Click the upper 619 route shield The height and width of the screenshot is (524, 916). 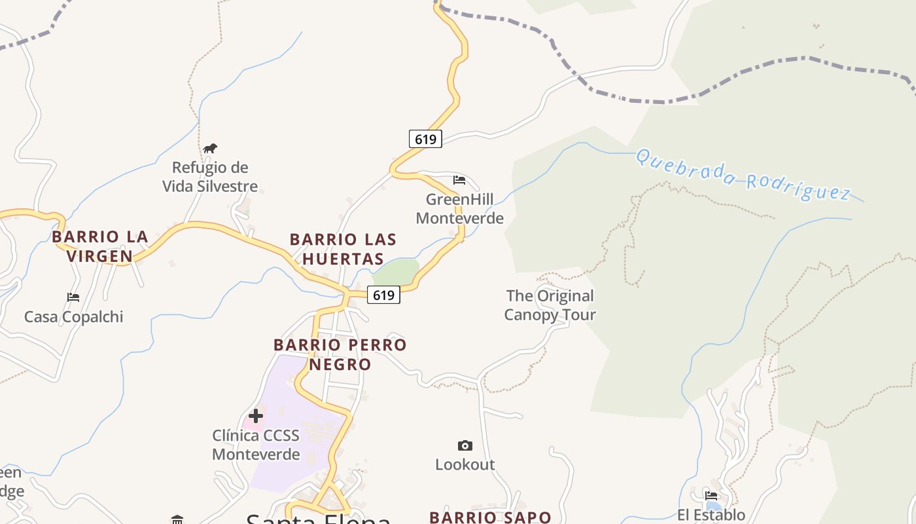point(425,139)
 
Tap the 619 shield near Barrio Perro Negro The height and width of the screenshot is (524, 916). point(383,295)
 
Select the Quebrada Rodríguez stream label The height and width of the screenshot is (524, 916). point(743,175)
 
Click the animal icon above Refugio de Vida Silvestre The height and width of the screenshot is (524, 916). point(209,149)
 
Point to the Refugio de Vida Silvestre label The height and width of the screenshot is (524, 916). point(210,177)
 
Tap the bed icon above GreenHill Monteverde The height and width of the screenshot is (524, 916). point(459,180)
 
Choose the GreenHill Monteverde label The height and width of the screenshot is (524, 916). point(459,208)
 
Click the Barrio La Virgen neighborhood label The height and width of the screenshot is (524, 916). point(100,246)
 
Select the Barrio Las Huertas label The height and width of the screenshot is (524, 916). point(343,249)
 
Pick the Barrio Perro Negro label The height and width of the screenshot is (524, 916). point(340,354)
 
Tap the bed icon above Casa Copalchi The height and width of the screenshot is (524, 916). point(73,297)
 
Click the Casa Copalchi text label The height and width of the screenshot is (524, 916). point(73,317)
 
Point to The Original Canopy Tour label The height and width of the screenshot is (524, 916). point(550,305)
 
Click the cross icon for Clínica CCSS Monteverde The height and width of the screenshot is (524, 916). point(256,415)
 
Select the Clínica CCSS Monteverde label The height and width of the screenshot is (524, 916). point(256,445)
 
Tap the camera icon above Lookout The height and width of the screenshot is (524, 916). point(465,446)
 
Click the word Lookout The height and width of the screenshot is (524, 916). point(465,464)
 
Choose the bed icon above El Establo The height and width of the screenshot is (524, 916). point(711,496)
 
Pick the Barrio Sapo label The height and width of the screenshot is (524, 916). point(490,517)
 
